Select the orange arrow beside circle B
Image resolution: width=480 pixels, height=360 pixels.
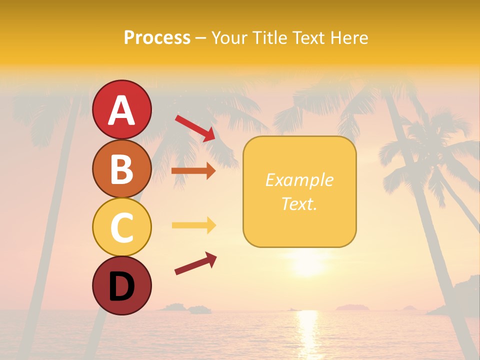193,171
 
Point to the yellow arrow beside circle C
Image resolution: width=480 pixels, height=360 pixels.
193,225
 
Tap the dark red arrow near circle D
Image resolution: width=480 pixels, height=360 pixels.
195,263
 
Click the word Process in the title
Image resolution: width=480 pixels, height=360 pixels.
157,37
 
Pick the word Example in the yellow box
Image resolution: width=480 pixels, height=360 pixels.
299,180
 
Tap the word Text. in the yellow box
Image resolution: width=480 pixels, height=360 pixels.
299,203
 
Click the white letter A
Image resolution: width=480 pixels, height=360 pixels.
121,110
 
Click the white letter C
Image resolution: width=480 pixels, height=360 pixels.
121,227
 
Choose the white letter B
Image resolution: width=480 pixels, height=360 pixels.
121,169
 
